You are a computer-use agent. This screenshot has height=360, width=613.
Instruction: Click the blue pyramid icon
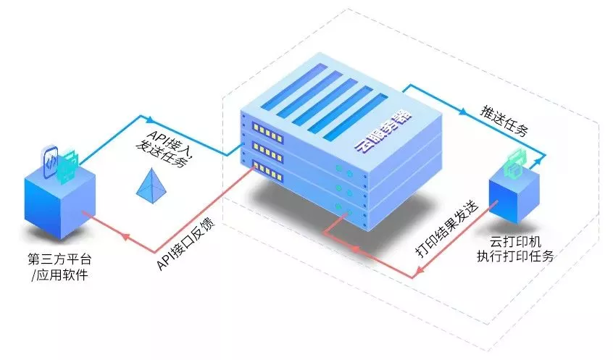pos(151,186)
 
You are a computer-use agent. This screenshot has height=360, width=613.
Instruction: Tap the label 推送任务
pos(505,120)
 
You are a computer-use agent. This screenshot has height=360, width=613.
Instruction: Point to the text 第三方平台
pos(59,259)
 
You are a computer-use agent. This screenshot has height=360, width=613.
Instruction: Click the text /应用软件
pos(59,275)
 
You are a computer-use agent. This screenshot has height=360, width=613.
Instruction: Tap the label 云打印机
pos(515,241)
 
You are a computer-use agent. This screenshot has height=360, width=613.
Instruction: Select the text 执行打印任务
pos(515,256)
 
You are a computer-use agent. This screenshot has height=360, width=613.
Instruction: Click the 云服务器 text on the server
pos(383,130)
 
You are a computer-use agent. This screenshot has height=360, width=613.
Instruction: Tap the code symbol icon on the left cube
pos(51,162)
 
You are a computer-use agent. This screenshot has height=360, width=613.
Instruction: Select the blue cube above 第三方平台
pos(60,202)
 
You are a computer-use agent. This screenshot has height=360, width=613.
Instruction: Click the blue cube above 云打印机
pos(514,197)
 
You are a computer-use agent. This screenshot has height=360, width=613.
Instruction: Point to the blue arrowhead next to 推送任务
pos(463,112)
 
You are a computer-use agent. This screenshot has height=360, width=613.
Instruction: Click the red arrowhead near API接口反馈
pos(125,236)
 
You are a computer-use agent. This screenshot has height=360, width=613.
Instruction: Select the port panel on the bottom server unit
pos(267,171)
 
